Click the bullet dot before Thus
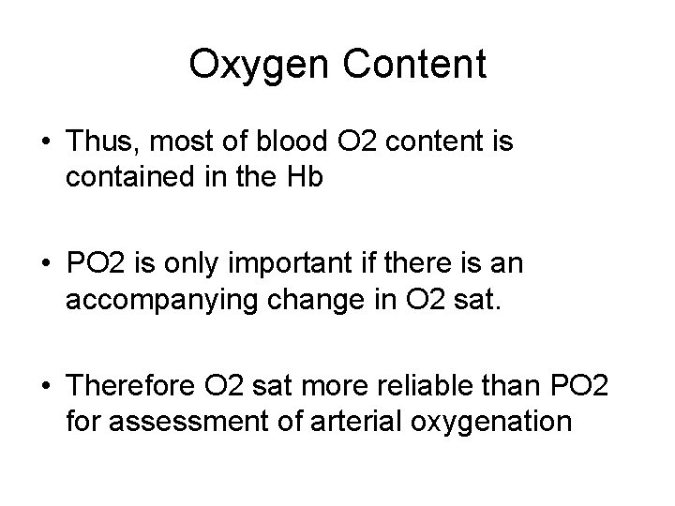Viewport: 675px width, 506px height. tap(46, 143)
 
